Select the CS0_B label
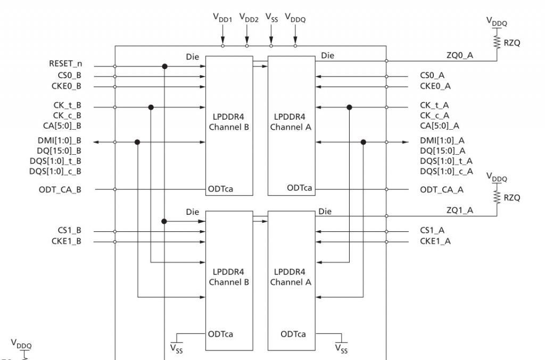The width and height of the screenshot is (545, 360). (x=69, y=76)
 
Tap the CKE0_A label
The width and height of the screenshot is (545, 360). (x=435, y=86)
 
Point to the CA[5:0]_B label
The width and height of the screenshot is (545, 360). (x=63, y=126)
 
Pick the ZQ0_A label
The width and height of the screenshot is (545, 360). (x=459, y=55)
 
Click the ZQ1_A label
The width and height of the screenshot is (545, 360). (x=459, y=210)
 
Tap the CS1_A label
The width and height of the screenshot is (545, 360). (x=432, y=231)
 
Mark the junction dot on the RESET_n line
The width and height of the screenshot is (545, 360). (x=165, y=66)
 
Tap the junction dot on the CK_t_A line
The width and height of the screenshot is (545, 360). (x=349, y=107)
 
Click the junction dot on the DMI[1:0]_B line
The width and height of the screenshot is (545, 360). (x=137, y=142)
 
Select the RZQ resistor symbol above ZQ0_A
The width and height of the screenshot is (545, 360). (x=497, y=42)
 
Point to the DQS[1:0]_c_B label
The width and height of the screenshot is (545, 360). (x=56, y=171)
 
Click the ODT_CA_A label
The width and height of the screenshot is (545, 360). (x=441, y=190)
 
